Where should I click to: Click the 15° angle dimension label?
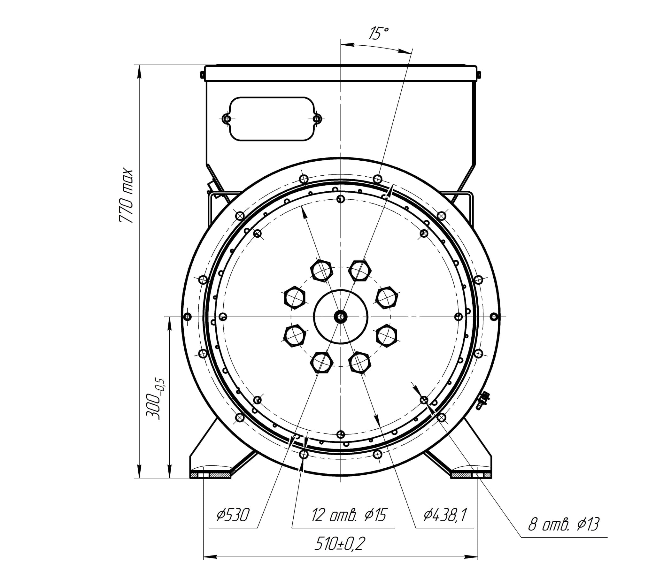pos(379,33)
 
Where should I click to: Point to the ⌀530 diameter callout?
pos(233,515)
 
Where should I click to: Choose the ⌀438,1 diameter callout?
pos(445,515)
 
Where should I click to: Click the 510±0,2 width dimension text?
pos(340,544)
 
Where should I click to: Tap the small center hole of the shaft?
pos(340,316)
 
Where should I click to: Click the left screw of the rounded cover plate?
pos(227,119)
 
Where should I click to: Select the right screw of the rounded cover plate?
pos(317,119)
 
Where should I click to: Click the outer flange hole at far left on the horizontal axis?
pos(187,316)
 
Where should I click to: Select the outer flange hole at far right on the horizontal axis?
pos(494,316)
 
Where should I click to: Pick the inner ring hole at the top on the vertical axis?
pos(340,199)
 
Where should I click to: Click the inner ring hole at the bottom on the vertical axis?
pos(340,434)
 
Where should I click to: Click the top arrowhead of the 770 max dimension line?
pos(139,72)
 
